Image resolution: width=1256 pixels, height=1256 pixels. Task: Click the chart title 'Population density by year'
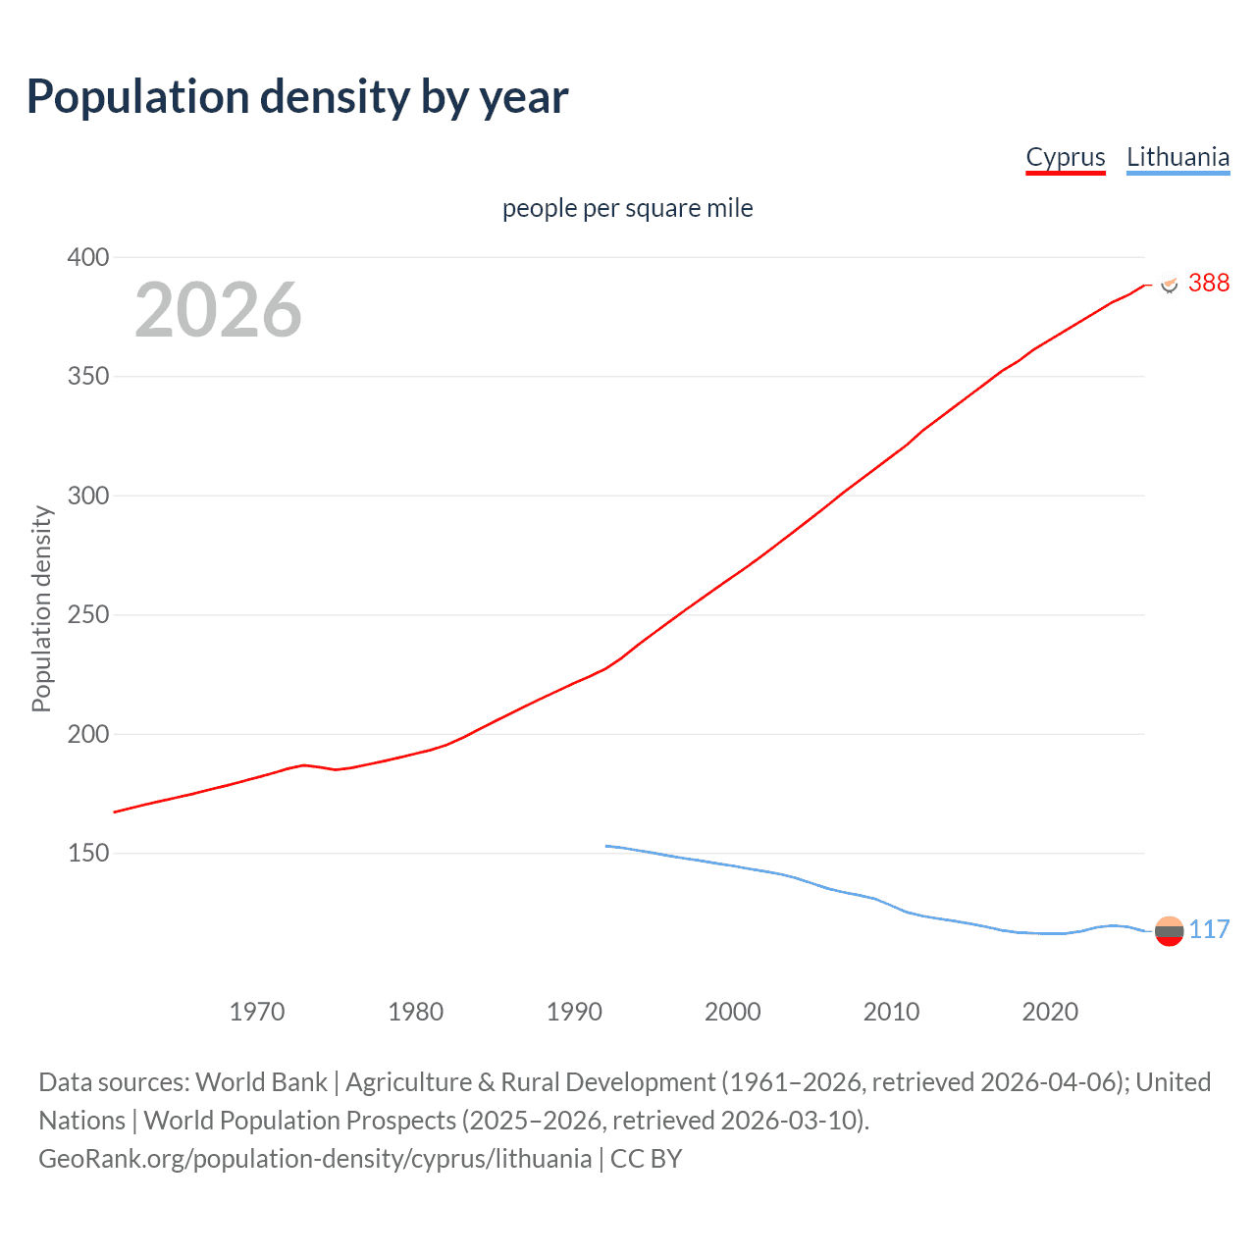click(297, 97)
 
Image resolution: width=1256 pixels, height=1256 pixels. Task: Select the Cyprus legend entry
click(1065, 158)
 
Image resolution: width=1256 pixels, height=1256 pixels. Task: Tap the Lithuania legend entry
click(1177, 158)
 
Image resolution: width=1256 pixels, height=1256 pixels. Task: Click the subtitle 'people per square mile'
click(627, 209)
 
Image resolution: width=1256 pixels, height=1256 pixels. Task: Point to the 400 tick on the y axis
click(87, 258)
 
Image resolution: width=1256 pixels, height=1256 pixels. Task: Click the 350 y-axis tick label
click(87, 377)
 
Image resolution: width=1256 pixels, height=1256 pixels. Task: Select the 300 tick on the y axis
click(87, 497)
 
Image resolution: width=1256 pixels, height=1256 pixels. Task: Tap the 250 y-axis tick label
click(87, 615)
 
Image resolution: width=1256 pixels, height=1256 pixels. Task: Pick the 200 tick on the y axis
click(87, 735)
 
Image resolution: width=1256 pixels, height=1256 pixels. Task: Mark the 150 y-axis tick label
click(87, 854)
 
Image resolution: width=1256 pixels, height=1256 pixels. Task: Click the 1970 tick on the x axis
click(257, 1012)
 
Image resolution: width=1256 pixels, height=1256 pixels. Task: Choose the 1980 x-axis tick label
click(416, 1012)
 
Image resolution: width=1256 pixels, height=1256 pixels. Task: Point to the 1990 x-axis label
click(574, 1012)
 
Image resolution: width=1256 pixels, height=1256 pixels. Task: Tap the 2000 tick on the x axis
click(733, 1012)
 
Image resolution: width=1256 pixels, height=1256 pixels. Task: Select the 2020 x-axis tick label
click(1050, 1012)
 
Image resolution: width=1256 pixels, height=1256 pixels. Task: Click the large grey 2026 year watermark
click(218, 310)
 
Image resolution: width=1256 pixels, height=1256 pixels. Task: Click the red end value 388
click(1208, 284)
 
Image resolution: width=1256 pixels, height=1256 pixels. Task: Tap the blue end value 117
click(1209, 930)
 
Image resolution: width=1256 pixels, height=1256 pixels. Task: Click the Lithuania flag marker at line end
click(1169, 931)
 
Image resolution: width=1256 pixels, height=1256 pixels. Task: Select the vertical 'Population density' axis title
click(41, 608)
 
